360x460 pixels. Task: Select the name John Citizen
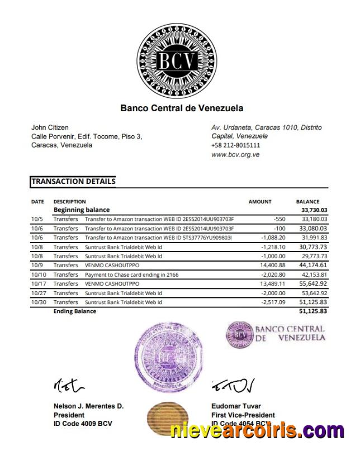tap(50, 127)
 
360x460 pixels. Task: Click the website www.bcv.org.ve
tap(235, 154)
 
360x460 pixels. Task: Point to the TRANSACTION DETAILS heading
tap(73, 182)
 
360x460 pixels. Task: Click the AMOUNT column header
tap(259, 202)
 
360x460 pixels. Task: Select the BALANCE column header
tap(307, 202)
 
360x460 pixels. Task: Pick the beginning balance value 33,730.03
tap(314, 210)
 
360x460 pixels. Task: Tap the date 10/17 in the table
tap(37, 284)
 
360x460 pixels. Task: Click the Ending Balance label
tap(74, 311)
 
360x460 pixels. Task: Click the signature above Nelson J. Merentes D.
tap(70, 385)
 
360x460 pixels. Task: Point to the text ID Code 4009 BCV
tap(83, 424)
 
